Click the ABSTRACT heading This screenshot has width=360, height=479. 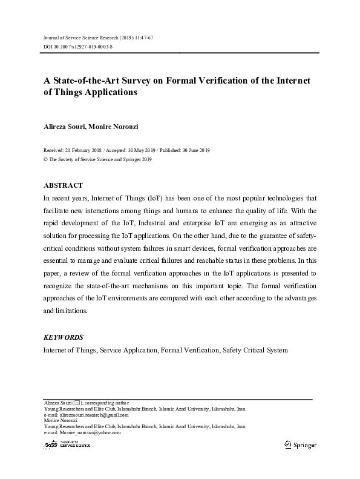point(63,185)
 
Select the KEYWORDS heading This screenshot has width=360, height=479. point(63,337)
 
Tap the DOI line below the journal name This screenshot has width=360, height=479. point(77,46)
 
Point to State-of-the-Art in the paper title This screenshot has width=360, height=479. point(91,81)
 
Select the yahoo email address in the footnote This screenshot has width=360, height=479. point(90,432)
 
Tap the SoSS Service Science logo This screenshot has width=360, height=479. point(67,445)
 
